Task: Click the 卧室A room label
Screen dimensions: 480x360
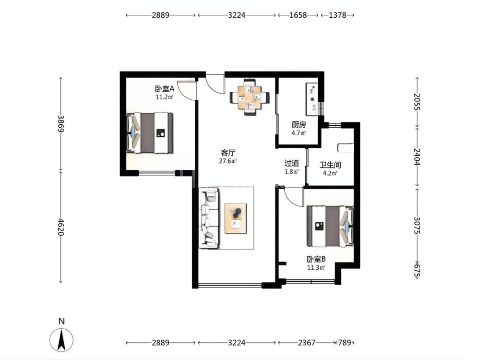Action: [165, 89]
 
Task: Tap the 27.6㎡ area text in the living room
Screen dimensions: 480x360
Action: [228, 161]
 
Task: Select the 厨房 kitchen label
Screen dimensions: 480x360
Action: [299, 125]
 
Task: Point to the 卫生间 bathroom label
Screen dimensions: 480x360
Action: [330, 165]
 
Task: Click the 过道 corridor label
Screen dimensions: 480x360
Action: [292, 164]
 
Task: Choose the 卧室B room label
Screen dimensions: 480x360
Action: [316, 259]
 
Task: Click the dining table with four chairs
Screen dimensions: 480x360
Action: [250, 97]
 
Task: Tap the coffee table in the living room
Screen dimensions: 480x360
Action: [236, 218]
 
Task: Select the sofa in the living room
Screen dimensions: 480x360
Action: [209, 217]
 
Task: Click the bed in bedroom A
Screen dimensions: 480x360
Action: [150, 133]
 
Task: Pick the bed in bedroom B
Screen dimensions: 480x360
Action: [330, 226]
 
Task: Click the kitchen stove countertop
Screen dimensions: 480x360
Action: [312, 99]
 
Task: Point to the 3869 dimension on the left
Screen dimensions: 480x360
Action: [60, 124]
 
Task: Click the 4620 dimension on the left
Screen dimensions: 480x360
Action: [60, 227]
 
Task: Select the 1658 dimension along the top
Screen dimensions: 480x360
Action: [298, 15]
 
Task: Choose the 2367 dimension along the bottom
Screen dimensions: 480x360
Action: [306, 343]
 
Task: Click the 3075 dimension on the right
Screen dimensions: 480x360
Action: [417, 225]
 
